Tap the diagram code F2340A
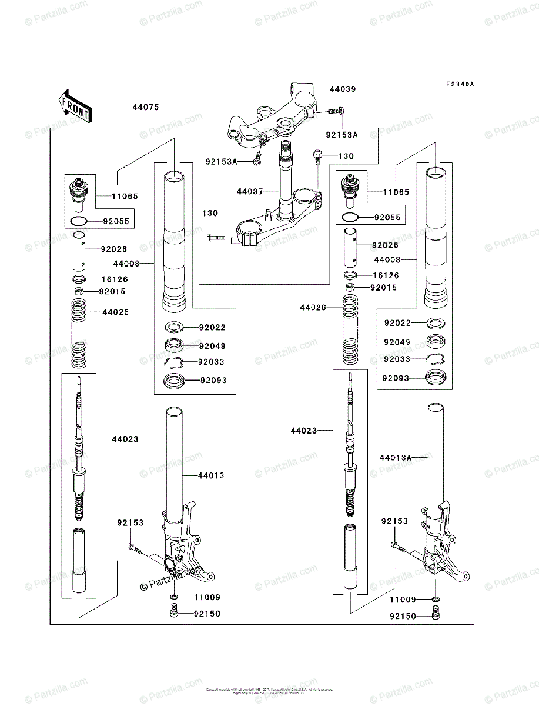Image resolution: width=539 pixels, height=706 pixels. pyautogui.click(x=459, y=85)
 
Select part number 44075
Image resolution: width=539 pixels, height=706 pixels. pyautogui.click(x=145, y=108)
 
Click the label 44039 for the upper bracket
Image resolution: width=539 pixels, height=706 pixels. pyautogui.click(x=343, y=89)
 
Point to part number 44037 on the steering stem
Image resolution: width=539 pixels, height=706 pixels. pyautogui.click(x=250, y=191)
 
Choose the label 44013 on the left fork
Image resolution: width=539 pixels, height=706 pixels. pyautogui.click(x=211, y=475)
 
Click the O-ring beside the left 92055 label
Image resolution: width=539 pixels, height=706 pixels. pyautogui.click(x=78, y=222)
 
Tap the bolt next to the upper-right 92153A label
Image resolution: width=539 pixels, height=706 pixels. pyautogui.click(x=335, y=111)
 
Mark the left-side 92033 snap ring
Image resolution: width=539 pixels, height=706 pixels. pyautogui.click(x=176, y=362)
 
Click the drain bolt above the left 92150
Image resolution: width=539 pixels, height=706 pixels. pyautogui.click(x=174, y=614)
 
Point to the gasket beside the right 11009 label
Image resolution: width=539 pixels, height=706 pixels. pyautogui.click(x=435, y=600)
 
